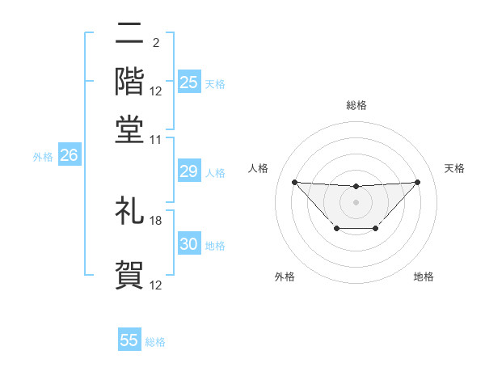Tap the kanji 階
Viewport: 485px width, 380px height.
(129, 81)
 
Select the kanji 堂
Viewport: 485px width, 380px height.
(129, 129)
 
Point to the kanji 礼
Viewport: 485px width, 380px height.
(129, 211)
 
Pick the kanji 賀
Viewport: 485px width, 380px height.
(129, 275)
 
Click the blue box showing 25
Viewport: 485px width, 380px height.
(189, 82)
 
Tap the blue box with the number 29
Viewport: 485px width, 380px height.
(189, 171)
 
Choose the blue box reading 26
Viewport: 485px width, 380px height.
(69, 156)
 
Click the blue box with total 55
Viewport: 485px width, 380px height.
(129, 340)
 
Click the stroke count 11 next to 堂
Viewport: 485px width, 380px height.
(156, 139)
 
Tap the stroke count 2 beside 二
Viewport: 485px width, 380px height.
(156, 42)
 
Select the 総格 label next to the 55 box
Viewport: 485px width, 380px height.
(155, 342)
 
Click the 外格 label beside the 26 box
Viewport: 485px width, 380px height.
(42, 157)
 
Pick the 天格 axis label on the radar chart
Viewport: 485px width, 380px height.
(455, 168)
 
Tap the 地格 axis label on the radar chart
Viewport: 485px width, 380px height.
(424, 277)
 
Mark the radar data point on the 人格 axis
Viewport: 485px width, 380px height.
(294, 182)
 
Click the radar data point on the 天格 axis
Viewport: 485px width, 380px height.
(417, 182)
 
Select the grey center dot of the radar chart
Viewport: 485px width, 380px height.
(356, 201)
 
